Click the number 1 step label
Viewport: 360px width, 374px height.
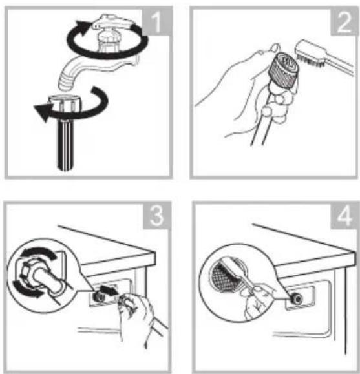156,22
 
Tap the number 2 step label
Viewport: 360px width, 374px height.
344,22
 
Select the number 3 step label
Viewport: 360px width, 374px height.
156,216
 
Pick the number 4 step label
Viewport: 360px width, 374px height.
344,216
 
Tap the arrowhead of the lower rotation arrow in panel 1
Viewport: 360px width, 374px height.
43,112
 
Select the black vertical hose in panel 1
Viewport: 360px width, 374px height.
66,145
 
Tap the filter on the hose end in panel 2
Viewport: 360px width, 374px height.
284,70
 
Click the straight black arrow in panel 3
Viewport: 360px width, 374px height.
109,290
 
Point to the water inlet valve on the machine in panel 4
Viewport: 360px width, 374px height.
296,298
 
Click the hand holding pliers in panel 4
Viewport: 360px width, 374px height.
258,300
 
